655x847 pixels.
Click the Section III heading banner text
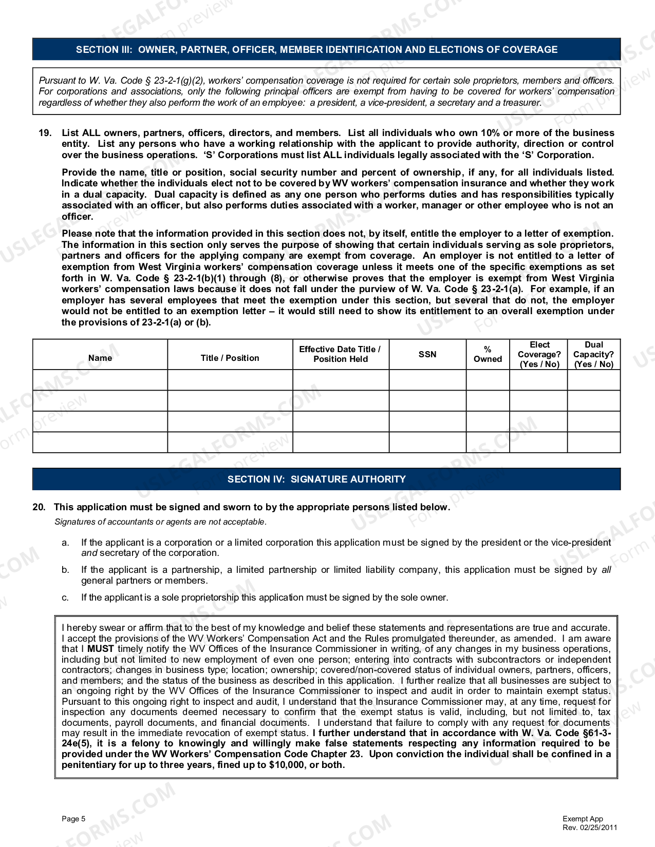tap(316, 50)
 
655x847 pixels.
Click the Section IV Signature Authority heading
tap(316, 479)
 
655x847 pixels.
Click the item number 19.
tap(45, 133)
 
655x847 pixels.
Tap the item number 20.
tap(39, 507)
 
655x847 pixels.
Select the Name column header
tap(100, 358)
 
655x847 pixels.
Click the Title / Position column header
tap(230, 358)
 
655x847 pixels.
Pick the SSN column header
tap(427, 354)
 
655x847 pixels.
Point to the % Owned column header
tap(488, 354)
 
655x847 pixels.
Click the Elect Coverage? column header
tap(539, 354)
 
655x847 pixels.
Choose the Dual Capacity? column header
tap(593, 354)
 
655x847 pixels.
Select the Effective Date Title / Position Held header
tap(340, 354)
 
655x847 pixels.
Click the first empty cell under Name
tap(100, 380)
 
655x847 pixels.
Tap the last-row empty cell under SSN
tap(427, 442)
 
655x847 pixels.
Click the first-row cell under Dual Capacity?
tap(593, 380)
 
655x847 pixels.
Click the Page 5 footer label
tap(73, 819)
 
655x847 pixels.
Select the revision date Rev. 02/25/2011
tap(590, 827)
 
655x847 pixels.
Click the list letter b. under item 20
tap(65, 570)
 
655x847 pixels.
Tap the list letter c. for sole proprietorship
tap(65, 598)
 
